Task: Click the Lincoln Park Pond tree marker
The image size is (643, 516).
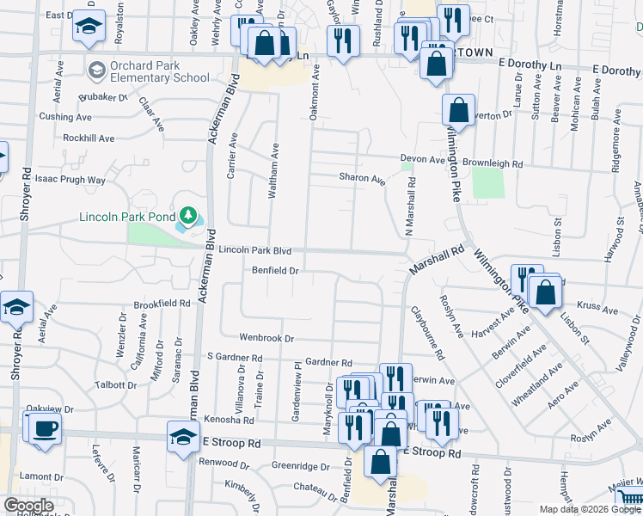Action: pyautogui.click(x=187, y=215)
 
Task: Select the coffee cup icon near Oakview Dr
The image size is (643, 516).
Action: pyautogui.click(x=45, y=429)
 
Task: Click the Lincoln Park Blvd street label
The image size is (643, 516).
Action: pyautogui.click(x=255, y=250)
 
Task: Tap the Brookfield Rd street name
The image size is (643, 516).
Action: pyautogui.click(x=162, y=304)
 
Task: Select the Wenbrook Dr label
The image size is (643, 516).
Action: pyautogui.click(x=266, y=338)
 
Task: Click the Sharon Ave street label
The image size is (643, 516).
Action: pyautogui.click(x=361, y=180)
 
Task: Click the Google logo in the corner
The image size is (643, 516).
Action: pyautogui.click(x=28, y=506)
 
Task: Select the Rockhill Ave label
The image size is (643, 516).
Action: pyautogui.click(x=89, y=138)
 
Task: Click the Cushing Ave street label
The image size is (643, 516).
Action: pyautogui.click(x=64, y=116)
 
